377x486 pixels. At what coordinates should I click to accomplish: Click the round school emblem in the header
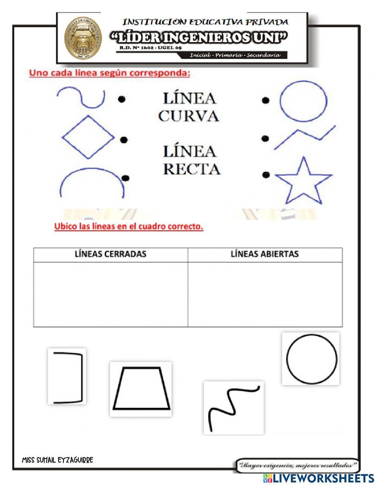click(x=82, y=39)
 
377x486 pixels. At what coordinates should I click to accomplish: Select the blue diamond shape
click(x=88, y=137)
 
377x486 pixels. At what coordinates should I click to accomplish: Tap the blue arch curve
click(x=92, y=181)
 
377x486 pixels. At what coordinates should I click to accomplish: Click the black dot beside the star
click(x=267, y=175)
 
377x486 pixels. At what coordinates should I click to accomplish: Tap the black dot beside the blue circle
click(x=266, y=100)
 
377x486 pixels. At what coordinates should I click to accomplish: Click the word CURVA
click(x=188, y=116)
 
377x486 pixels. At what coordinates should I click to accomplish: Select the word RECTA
click(x=192, y=169)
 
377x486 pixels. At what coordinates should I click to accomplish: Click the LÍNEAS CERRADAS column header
click(x=110, y=254)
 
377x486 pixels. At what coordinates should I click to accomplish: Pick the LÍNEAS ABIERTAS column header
click(x=265, y=254)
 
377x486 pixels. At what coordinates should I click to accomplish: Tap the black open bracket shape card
click(x=67, y=376)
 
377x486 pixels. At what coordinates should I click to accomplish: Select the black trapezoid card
click(x=141, y=389)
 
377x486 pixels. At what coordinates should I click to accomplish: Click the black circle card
click(x=311, y=358)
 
